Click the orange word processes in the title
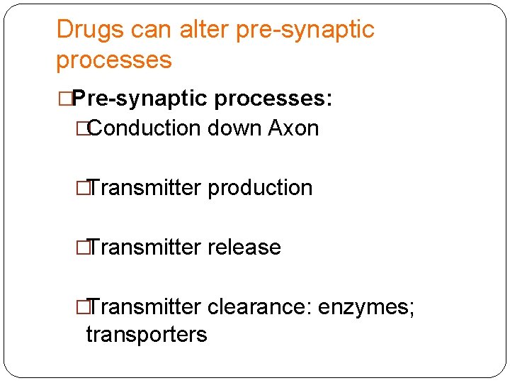114,60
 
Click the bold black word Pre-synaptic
140,99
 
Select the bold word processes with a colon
273,99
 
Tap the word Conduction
145,128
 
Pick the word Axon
293,128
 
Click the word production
260,188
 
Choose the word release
244,248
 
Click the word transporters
147,334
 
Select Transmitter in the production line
144,188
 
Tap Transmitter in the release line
144,248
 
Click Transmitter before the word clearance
144,307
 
